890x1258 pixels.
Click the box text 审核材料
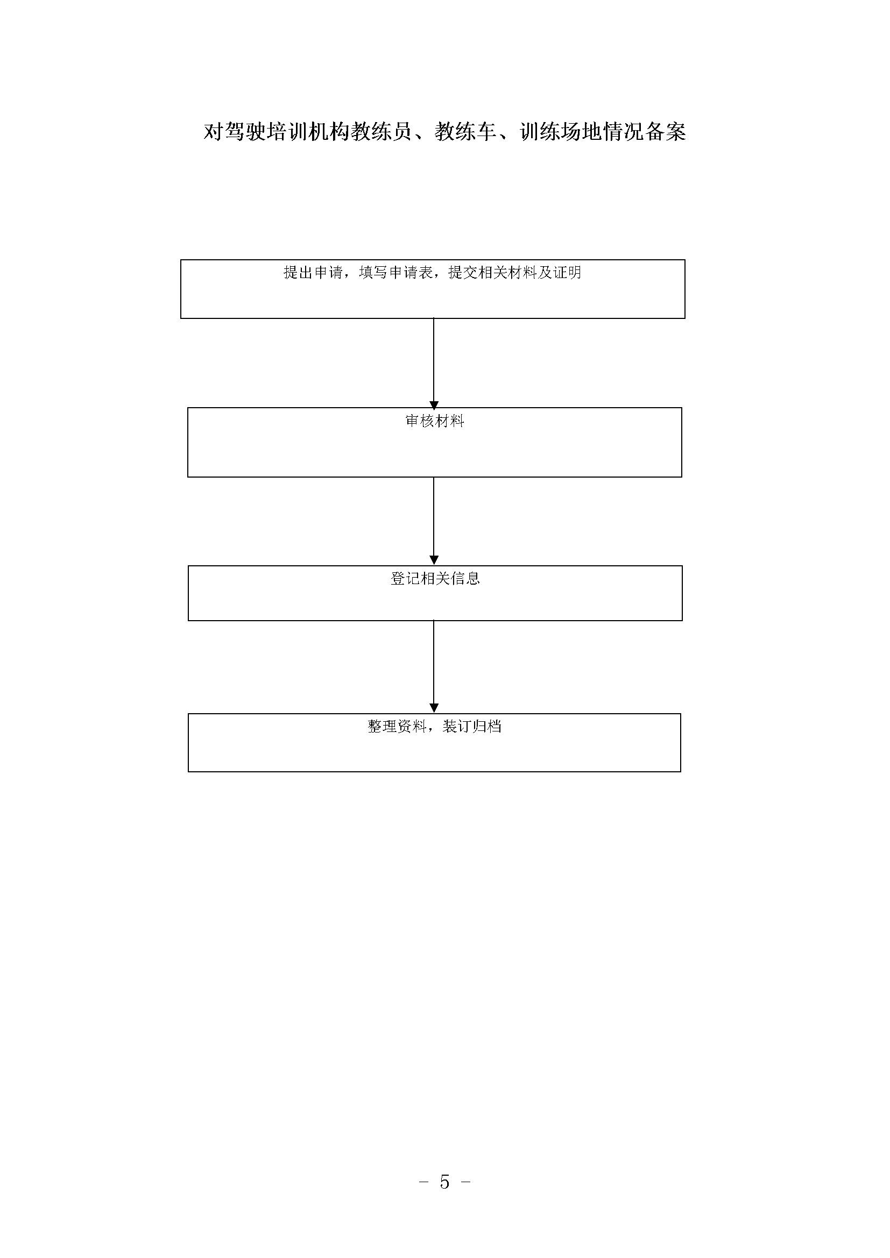[x=435, y=421]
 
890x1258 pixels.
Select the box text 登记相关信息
[x=435, y=579]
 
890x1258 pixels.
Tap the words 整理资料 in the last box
[x=397, y=727]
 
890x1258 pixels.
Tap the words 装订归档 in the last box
[x=472, y=727]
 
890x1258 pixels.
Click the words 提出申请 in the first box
[x=313, y=273]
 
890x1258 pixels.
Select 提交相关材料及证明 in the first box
[x=514, y=273]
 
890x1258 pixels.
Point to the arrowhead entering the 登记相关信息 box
[x=434, y=560]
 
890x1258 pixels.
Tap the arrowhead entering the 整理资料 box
[x=434, y=708]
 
